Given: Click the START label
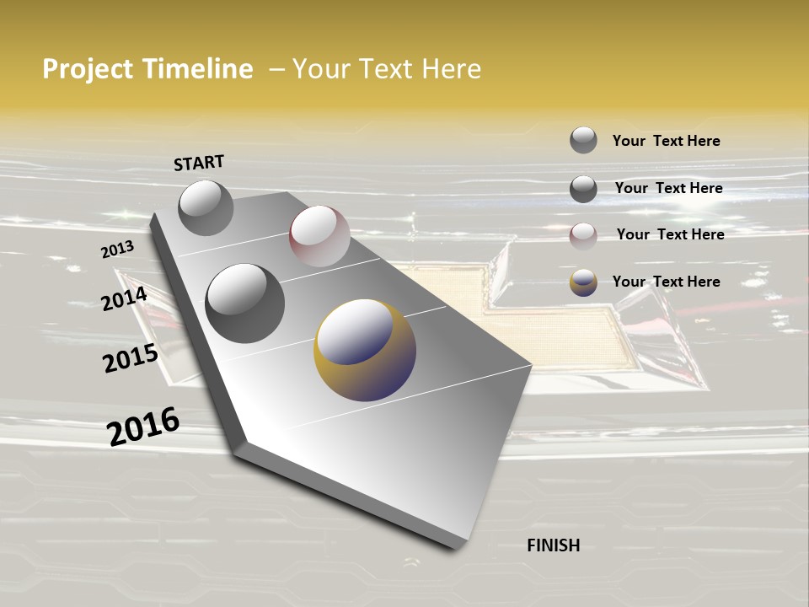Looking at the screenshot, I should tap(199, 163).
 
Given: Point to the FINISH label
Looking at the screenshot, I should tap(553, 545).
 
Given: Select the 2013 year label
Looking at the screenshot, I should tap(117, 250).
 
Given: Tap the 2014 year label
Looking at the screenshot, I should tap(124, 298).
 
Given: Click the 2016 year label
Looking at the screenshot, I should tap(143, 426).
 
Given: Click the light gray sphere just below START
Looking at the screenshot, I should tap(206, 207).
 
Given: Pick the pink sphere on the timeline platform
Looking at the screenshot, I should tap(319, 236).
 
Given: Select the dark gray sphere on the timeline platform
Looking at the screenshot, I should tap(244, 303).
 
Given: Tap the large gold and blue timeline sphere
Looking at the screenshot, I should tap(364, 349).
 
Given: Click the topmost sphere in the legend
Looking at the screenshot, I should tap(583, 140).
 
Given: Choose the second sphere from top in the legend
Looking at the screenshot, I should tap(583, 188).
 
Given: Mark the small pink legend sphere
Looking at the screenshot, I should tap(583, 235).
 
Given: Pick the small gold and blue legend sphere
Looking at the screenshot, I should tap(583, 282).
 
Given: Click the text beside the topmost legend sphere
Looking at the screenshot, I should tap(666, 141).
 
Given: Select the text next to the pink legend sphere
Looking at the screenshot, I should tap(670, 234).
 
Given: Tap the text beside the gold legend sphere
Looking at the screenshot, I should tap(666, 282).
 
